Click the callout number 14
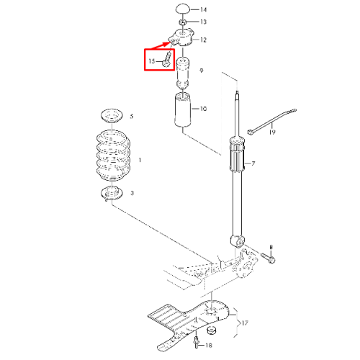pyautogui.click(x=203, y=9)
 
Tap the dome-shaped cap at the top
pyautogui.click(x=183, y=9)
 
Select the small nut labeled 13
pyautogui.click(x=183, y=22)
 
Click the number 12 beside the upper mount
pyautogui.click(x=203, y=40)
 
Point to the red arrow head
pyautogui.click(x=166, y=44)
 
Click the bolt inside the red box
pyautogui.click(x=167, y=59)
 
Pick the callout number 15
pyautogui.click(x=152, y=61)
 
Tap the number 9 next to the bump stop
pyautogui.click(x=202, y=71)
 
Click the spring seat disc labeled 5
pyautogui.click(x=112, y=116)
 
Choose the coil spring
pyautogui.click(x=113, y=156)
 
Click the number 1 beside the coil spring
pyautogui.click(x=140, y=160)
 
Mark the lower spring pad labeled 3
pyautogui.click(x=112, y=193)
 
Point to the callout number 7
pyautogui.click(x=253, y=163)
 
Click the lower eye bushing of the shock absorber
pyautogui.click(x=238, y=241)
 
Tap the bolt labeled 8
pyautogui.click(x=268, y=258)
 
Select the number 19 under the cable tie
pyautogui.click(x=272, y=132)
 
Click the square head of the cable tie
pyautogui.click(x=251, y=132)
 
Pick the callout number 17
pyautogui.click(x=245, y=323)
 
